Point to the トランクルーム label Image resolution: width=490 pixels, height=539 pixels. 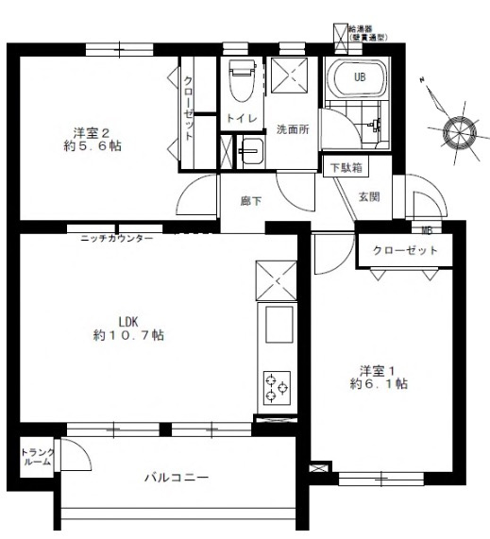coord(38,459)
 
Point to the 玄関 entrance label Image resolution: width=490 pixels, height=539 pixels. coord(368,196)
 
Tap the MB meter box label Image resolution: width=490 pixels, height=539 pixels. coord(427,229)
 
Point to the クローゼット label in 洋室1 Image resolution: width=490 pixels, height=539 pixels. coord(406,251)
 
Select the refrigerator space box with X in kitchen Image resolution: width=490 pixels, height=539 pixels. coord(276,280)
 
